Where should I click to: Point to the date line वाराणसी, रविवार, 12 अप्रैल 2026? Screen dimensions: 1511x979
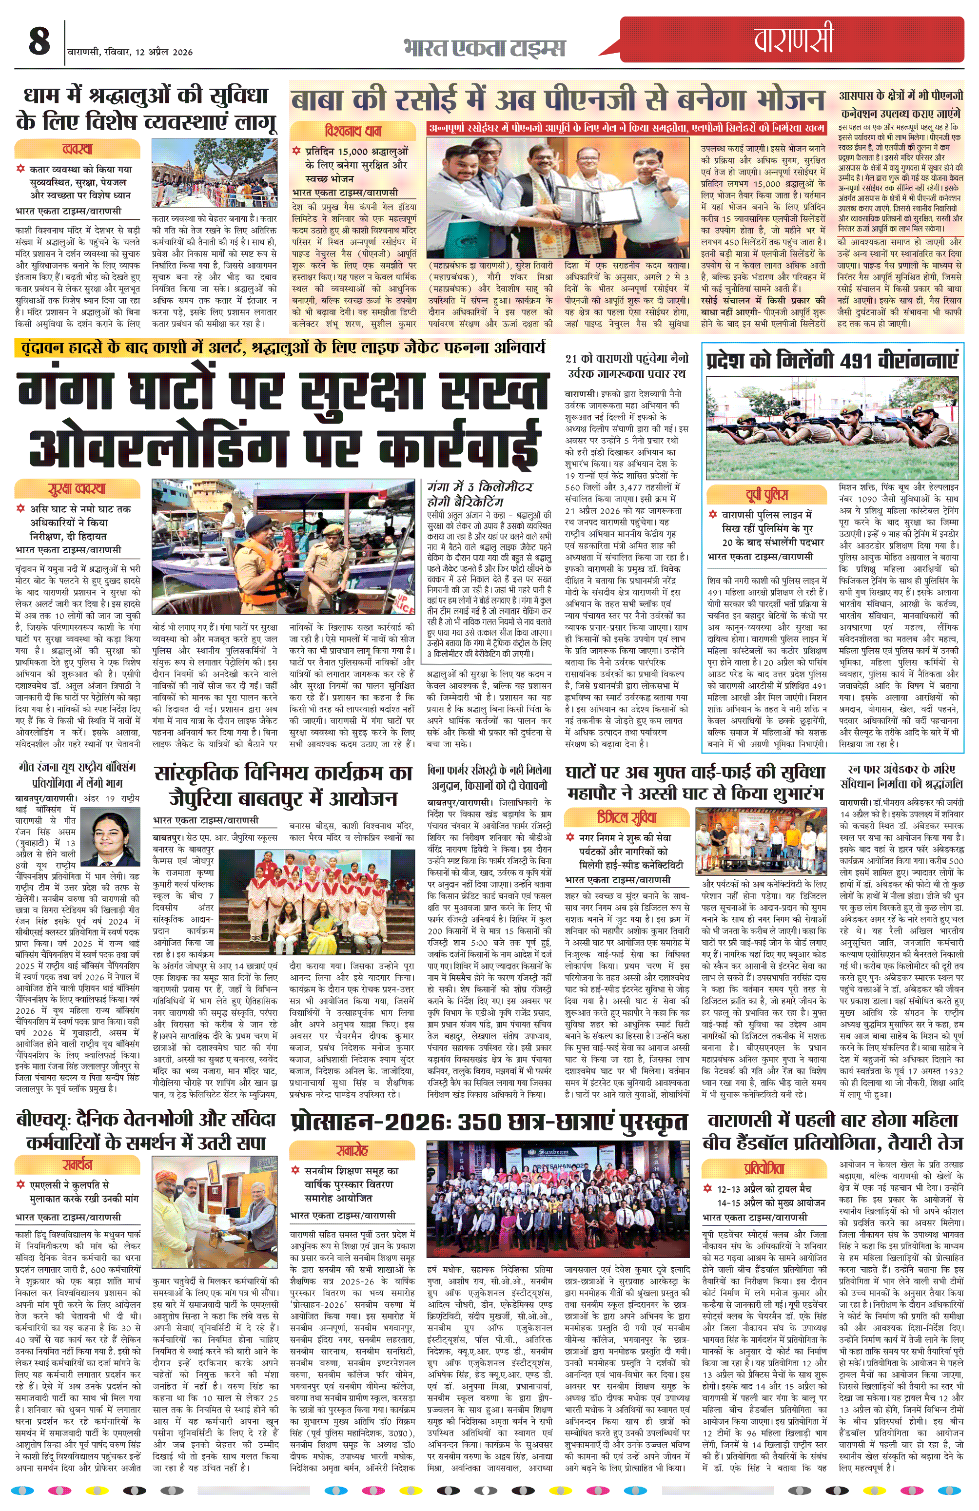point(130,52)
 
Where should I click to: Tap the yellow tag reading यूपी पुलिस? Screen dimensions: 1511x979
point(766,495)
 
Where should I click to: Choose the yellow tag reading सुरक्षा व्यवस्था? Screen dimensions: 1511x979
point(78,489)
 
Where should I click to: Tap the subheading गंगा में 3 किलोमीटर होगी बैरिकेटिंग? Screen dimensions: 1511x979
point(481,494)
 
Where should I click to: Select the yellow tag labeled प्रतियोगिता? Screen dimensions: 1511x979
point(765,1168)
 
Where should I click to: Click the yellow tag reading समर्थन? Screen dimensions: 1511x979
point(78,1165)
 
